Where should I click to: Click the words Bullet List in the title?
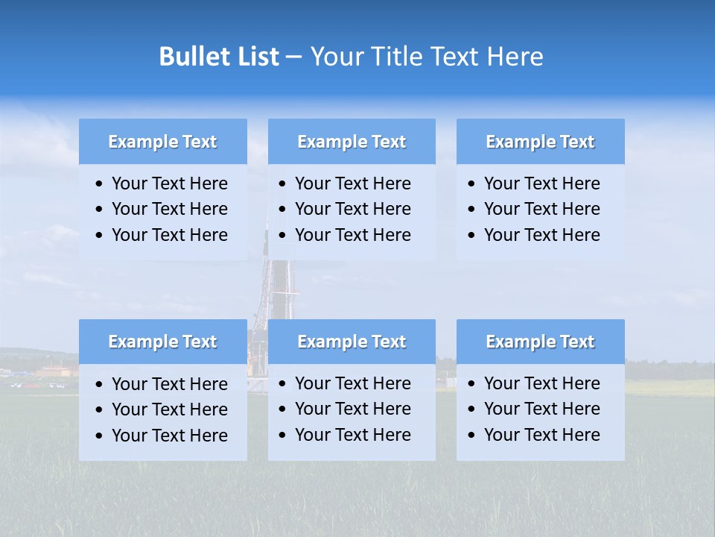pos(218,57)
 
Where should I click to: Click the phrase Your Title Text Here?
pos(426,57)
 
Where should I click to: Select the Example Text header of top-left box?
pos(162,142)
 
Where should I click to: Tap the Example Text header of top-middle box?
pos(352,142)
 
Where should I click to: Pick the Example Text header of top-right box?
pos(540,142)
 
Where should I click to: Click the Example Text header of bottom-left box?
pos(162,342)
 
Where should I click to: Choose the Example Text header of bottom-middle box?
pos(352,342)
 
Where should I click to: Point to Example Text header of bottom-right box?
pos(540,342)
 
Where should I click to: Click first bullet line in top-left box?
pos(169,183)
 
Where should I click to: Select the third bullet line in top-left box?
pos(169,235)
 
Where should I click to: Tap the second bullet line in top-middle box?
pos(352,209)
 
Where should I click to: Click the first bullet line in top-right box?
pos(541,183)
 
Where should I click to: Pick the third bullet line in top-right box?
pos(541,235)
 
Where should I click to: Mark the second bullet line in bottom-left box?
pos(169,409)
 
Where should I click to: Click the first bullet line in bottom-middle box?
pos(352,383)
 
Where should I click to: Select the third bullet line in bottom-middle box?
pos(352,435)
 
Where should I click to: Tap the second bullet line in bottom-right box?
pos(541,409)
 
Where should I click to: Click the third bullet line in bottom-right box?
pos(541,435)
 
